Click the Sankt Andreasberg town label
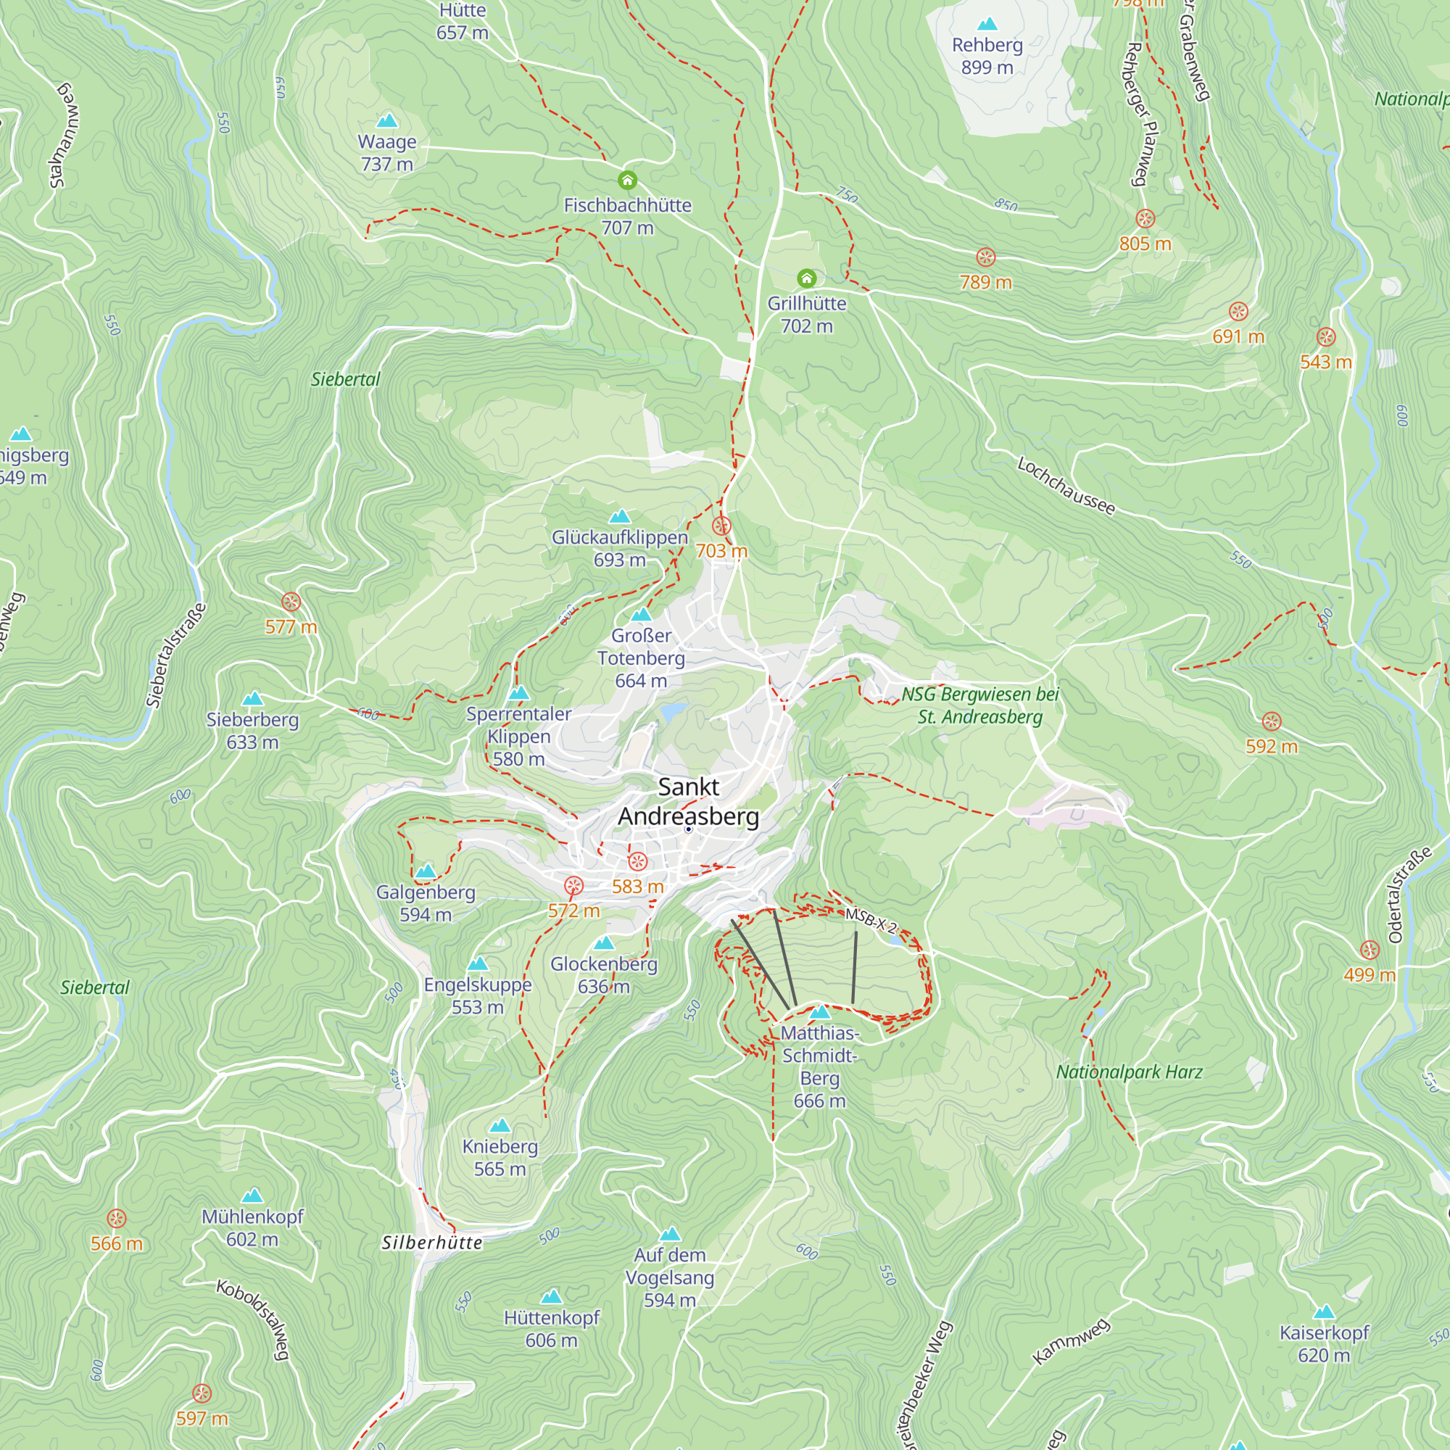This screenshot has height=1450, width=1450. [x=688, y=802]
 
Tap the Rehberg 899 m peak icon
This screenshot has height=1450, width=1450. [x=987, y=25]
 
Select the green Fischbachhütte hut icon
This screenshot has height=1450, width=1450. [x=627, y=180]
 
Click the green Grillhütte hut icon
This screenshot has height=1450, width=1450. [x=806, y=278]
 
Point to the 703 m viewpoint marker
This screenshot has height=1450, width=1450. [x=721, y=526]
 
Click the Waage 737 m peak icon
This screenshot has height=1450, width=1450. [x=386, y=121]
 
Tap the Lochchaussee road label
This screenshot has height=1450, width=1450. [x=1066, y=486]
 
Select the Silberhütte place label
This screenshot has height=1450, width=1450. [x=431, y=1243]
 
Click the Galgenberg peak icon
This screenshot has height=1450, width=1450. [x=426, y=871]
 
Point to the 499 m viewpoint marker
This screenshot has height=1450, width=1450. [x=1370, y=950]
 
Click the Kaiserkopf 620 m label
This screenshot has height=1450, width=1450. [x=1324, y=1343]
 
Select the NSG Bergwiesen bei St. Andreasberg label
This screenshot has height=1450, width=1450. [x=980, y=705]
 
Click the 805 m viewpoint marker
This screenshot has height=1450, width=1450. [x=1145, y=219]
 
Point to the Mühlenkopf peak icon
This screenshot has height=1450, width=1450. [x=252, y=1196]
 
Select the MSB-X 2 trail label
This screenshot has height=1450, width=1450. [x=871, y=919]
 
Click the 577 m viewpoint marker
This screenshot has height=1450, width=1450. [x=291, y=602]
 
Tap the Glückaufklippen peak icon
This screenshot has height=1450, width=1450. [x=620, y=516]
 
